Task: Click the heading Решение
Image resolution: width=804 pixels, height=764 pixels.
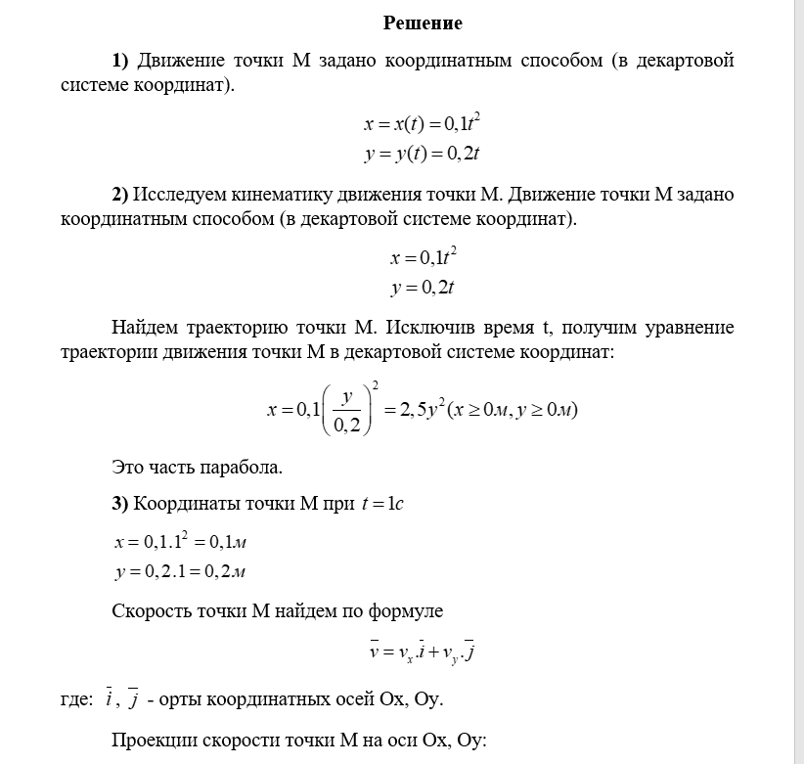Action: coord(422,22)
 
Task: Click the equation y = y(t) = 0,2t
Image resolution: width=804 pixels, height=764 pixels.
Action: coord(422,154)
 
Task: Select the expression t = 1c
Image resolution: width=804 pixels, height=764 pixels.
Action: coord(382,505)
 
